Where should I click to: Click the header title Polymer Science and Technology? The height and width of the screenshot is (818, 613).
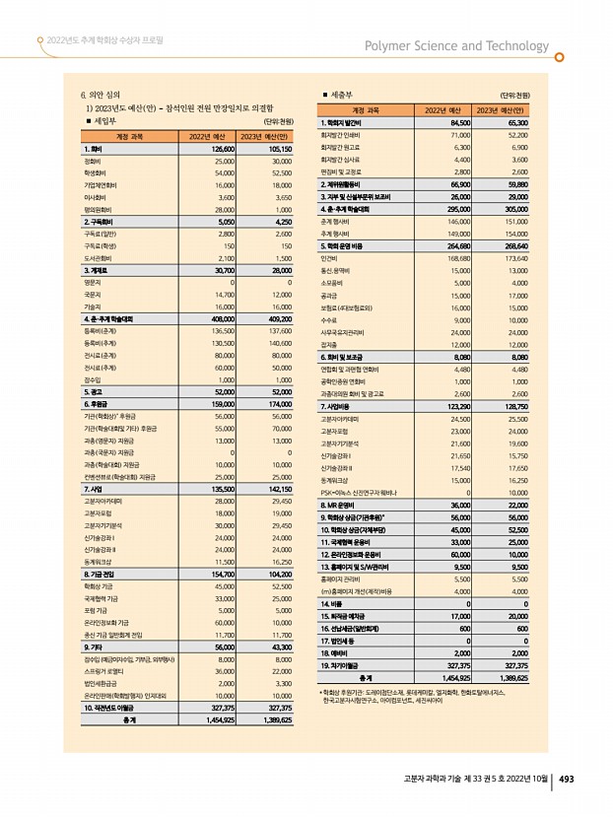pos(456,45)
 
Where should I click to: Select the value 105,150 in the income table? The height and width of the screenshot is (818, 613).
pos(280,148)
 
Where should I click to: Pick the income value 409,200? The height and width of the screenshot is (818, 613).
pos(280,319)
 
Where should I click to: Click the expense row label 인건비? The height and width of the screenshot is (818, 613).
pos(331,257)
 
